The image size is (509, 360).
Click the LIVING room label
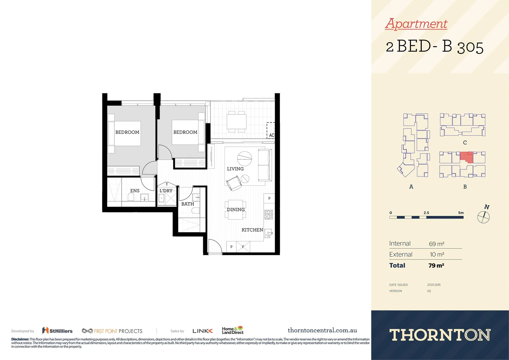point(235,169)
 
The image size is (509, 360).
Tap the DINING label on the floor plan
point(236,210)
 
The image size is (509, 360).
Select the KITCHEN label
point(252,230)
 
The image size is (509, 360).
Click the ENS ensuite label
point(135,191)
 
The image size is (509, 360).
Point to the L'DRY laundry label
point(166,191)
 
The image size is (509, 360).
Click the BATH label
point(188,204)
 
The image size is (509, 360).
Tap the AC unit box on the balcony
point(271,131)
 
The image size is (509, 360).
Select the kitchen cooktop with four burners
point(269,214)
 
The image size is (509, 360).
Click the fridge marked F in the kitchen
point(243,247)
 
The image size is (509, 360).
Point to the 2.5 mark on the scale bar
point(426,213)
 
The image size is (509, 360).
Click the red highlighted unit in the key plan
point(466,156)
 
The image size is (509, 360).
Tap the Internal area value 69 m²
point(436,244)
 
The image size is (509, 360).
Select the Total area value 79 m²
point(436,266)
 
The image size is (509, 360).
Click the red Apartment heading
point(416,24)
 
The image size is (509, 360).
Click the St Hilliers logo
point(57,331)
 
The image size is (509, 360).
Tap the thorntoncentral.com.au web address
point(322,330)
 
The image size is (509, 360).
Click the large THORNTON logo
point(440,335)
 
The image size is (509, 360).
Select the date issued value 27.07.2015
point(434,285)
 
